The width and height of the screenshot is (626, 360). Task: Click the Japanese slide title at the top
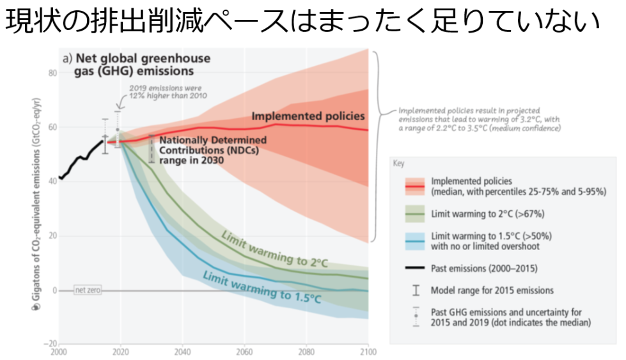[x=304, y=22]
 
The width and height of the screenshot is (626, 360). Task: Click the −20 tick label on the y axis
[x=51, y=343]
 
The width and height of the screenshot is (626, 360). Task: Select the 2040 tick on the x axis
[x=182, y=351]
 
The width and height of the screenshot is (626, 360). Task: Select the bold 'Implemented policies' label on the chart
[x=308, y=116]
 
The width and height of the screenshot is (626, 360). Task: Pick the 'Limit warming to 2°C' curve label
[x=276, y=250]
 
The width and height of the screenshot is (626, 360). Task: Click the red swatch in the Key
[x=416, y=186]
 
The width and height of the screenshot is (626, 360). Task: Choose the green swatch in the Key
[x=416, y=213]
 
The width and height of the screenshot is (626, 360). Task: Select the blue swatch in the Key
[x=416, y=240]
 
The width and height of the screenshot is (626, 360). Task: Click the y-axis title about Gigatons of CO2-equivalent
[x=36, y=205]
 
